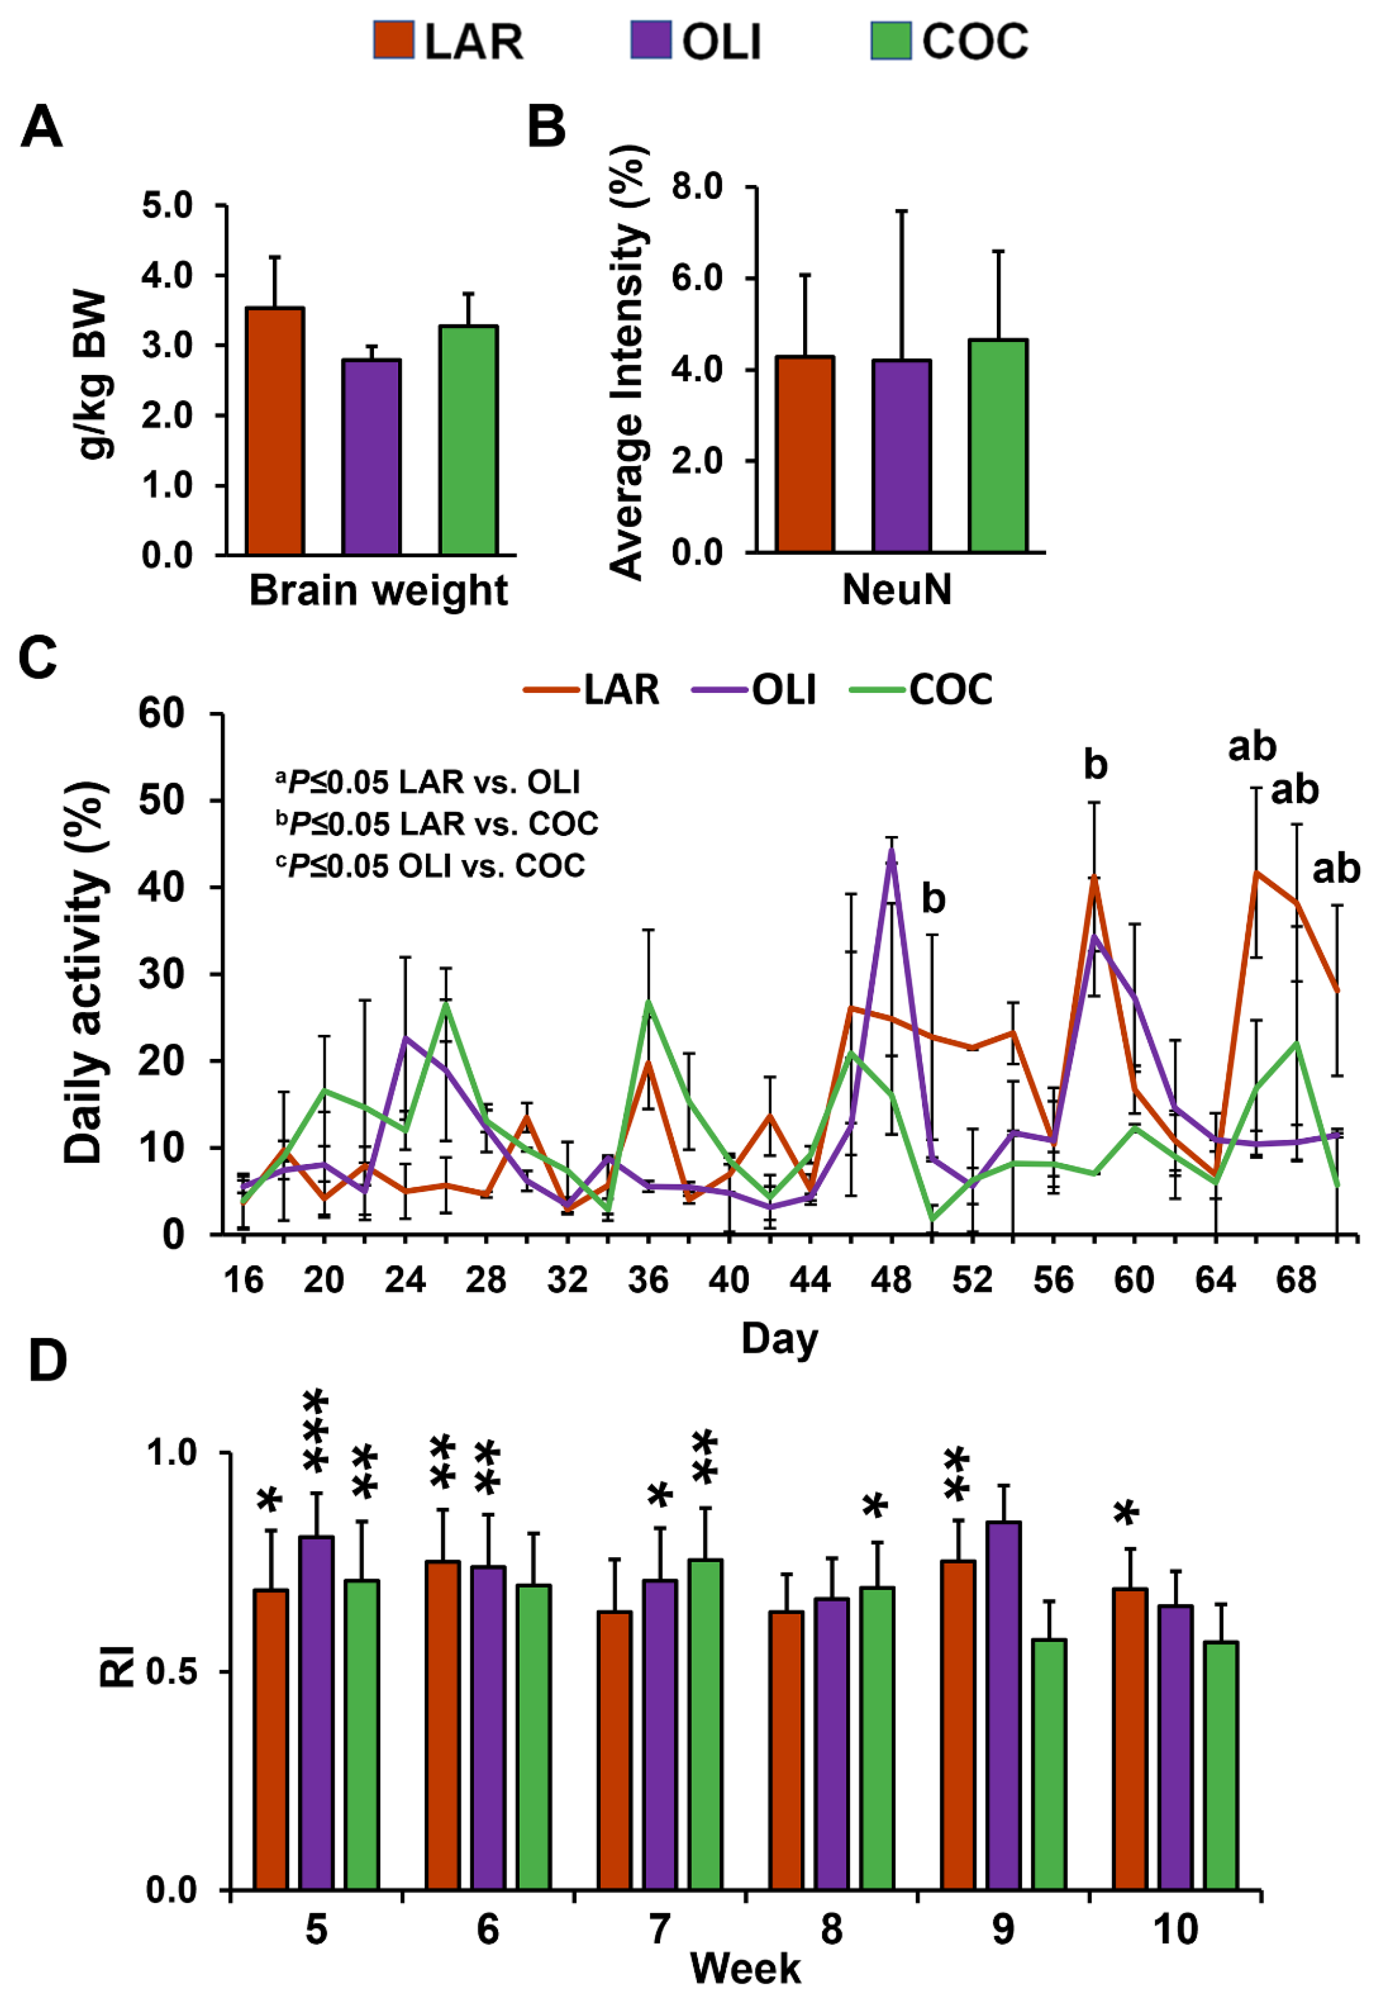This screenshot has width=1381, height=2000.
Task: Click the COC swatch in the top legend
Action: pos(890,41)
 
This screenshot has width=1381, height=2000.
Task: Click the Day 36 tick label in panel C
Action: pos(648,1279)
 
